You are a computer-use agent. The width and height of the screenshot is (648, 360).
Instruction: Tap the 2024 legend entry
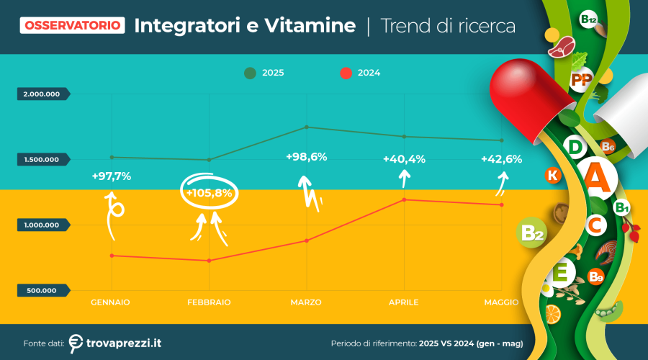click(360, 73)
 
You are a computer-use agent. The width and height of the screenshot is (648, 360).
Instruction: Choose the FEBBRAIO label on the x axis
click(209, 302)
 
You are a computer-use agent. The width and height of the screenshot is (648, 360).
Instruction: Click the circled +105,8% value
click(209, 193)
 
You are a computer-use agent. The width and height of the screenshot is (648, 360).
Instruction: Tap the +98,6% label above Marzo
click(306, 157)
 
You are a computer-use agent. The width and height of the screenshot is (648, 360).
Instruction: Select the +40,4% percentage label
click(404, 159)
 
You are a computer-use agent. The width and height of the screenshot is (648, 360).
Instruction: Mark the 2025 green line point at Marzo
click(307, 127)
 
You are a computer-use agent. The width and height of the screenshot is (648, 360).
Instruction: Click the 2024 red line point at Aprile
click(404, 199)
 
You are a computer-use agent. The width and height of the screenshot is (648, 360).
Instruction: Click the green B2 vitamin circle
click(531, 233)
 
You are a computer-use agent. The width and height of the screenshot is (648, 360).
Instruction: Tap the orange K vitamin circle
click(553, 175)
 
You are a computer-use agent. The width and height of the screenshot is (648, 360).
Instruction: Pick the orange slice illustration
click(553, 315)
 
